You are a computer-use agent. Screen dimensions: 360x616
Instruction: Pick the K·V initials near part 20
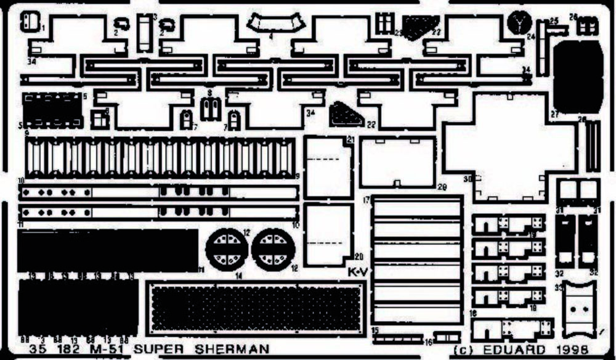[357, 271]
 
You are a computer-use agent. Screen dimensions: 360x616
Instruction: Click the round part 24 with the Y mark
[520, 24]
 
